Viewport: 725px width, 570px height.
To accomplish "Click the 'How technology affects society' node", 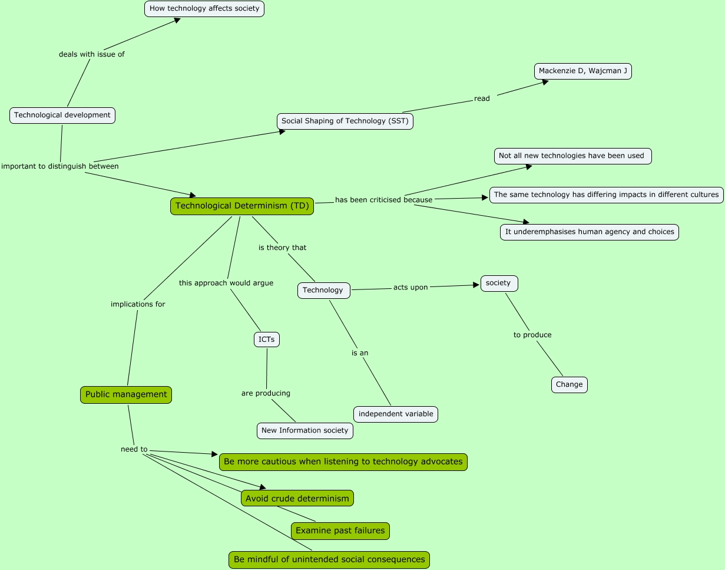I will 204,9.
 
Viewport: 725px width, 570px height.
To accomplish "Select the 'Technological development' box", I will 62,116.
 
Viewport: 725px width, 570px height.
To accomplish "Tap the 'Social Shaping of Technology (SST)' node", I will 345,121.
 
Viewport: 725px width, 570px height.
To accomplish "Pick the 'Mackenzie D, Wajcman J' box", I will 583,71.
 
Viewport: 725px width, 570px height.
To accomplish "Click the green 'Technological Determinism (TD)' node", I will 242,206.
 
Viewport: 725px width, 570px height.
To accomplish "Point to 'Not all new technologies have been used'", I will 573,156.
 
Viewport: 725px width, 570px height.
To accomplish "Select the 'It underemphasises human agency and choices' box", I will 590,232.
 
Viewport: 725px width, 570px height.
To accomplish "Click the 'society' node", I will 499,284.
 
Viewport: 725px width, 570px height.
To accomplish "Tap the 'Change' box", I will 570,385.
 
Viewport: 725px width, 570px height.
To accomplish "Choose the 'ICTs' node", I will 267,340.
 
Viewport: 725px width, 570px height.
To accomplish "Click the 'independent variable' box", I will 396,414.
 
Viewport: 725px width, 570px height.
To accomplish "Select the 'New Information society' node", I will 305,431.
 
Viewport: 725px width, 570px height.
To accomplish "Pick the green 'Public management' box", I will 126,395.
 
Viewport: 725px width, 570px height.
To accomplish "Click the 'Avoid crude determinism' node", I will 297,499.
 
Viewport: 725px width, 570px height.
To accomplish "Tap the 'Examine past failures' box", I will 340,531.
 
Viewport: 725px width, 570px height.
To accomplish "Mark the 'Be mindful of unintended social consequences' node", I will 329,560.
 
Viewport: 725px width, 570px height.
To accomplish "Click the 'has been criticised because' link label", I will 384,200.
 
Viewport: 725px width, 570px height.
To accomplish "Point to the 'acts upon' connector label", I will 410,288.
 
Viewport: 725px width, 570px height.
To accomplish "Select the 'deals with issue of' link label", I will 92,54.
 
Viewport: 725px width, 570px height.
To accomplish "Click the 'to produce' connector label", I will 532,335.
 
